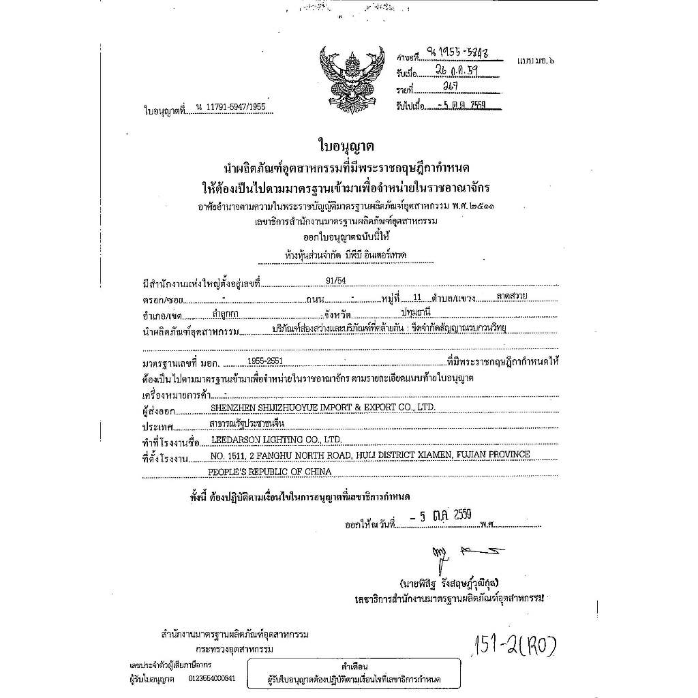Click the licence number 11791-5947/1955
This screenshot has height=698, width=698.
[x=230, y=107]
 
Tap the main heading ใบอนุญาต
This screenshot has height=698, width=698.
[x=346, y=147]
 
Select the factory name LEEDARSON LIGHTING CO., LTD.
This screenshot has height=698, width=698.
[x=276, y=440]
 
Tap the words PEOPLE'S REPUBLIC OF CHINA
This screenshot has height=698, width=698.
[x=270, y=472]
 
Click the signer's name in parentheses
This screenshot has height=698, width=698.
[x=450, y=583]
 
